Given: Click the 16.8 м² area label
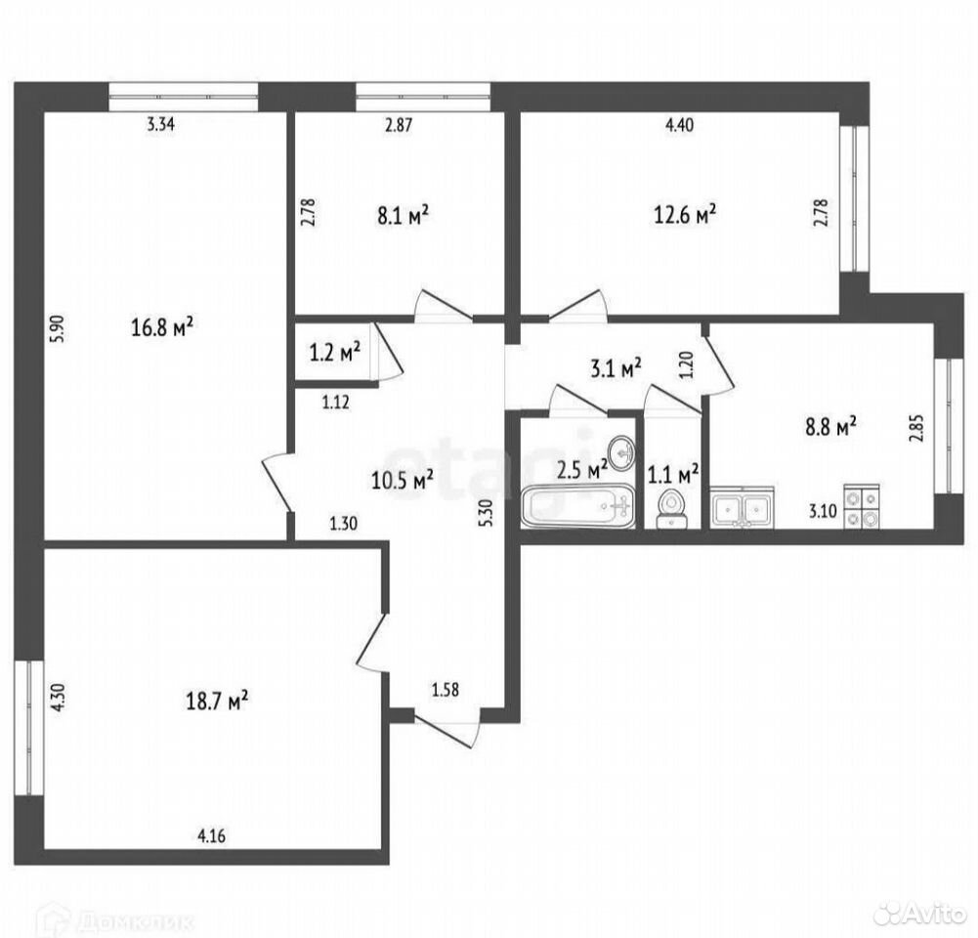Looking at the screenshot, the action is [x=162, y=326].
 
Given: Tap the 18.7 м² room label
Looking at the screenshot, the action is [x=217, y=700].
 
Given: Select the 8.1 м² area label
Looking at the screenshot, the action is [x=403, y=216].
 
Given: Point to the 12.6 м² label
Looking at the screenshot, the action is [x=684, y=215].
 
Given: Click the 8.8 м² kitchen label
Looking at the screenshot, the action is [x=830, y=428].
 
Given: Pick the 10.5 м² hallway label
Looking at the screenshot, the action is [x=403, y=480].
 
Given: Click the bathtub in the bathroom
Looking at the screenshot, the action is [x=578, y=506].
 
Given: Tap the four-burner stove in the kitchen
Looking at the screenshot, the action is [x=862, y=506].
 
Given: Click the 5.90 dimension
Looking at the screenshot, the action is [x=59, y=328].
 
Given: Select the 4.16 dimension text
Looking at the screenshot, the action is [x=212, y=835].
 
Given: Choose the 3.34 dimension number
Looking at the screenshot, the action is [x=161, y=124].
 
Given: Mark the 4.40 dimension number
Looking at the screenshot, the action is [x=679, y=125].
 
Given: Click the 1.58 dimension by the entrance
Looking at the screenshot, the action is [x=446, y=690].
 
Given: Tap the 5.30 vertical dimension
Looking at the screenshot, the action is [x=488, y=513].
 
